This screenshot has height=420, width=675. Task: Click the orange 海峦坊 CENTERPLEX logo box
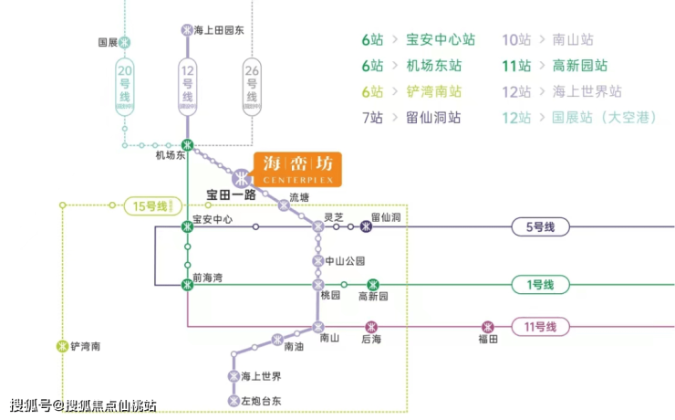point(297,169)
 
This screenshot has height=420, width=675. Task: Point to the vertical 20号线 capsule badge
point(125,85)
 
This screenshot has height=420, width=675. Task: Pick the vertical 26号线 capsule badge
point(253,85)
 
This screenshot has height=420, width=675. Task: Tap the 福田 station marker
point(489,326)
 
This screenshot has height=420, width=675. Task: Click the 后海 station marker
point(371,326)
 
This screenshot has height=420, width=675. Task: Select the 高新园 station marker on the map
point(372,285)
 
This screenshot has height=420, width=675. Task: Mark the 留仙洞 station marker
point(366,226)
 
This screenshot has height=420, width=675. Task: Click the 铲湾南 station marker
point(62,346)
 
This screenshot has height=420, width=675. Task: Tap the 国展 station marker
point(125,42)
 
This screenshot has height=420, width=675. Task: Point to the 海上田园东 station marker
point(188,29)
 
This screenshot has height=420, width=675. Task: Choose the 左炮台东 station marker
point(233,400)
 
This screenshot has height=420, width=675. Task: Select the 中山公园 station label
point(346,261)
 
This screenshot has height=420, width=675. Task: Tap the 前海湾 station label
point(209,277)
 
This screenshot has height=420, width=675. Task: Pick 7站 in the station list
point(374,117)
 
